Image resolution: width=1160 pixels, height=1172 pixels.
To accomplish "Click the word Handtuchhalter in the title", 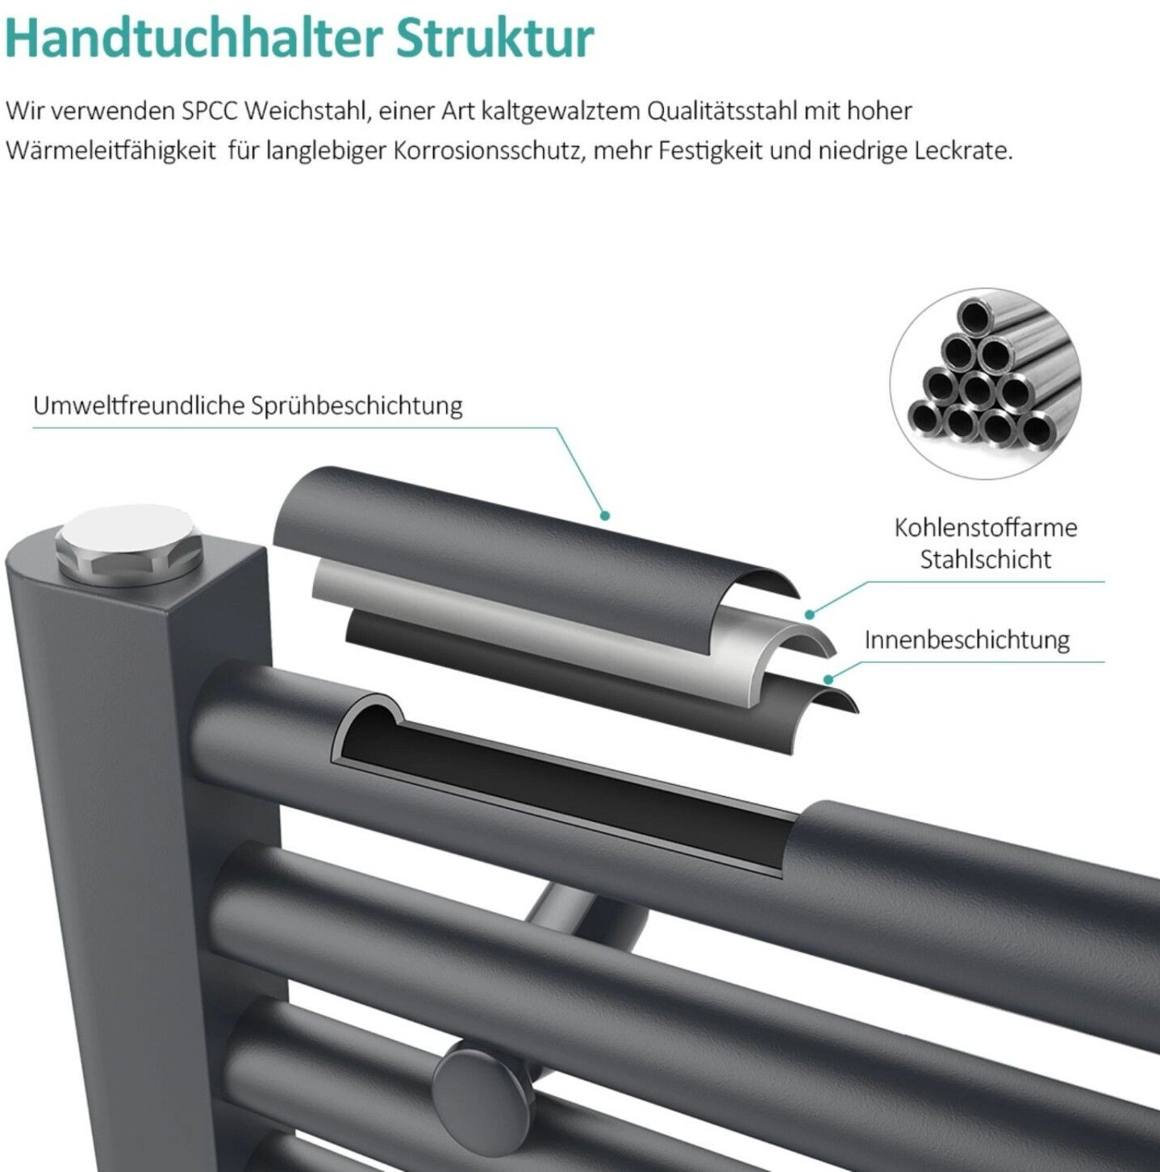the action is [194, 39].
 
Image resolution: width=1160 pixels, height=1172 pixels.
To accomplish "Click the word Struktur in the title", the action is [495, 39].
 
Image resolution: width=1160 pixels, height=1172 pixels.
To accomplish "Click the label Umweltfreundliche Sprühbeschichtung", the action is [248, 406].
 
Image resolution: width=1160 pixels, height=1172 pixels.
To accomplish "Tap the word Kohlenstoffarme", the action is [986, 528].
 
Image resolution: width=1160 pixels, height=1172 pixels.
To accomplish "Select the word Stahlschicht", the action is [986, 560].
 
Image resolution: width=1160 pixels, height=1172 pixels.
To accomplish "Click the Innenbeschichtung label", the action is [967, 640].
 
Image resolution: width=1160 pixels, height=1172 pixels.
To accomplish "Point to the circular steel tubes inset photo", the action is [986, 383].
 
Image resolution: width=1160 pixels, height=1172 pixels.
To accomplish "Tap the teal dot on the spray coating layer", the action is [605, 515].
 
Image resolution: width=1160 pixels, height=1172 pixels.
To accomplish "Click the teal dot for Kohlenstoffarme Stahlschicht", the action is [810, 615].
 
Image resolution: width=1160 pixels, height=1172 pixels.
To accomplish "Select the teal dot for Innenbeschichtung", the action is [828, 678].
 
